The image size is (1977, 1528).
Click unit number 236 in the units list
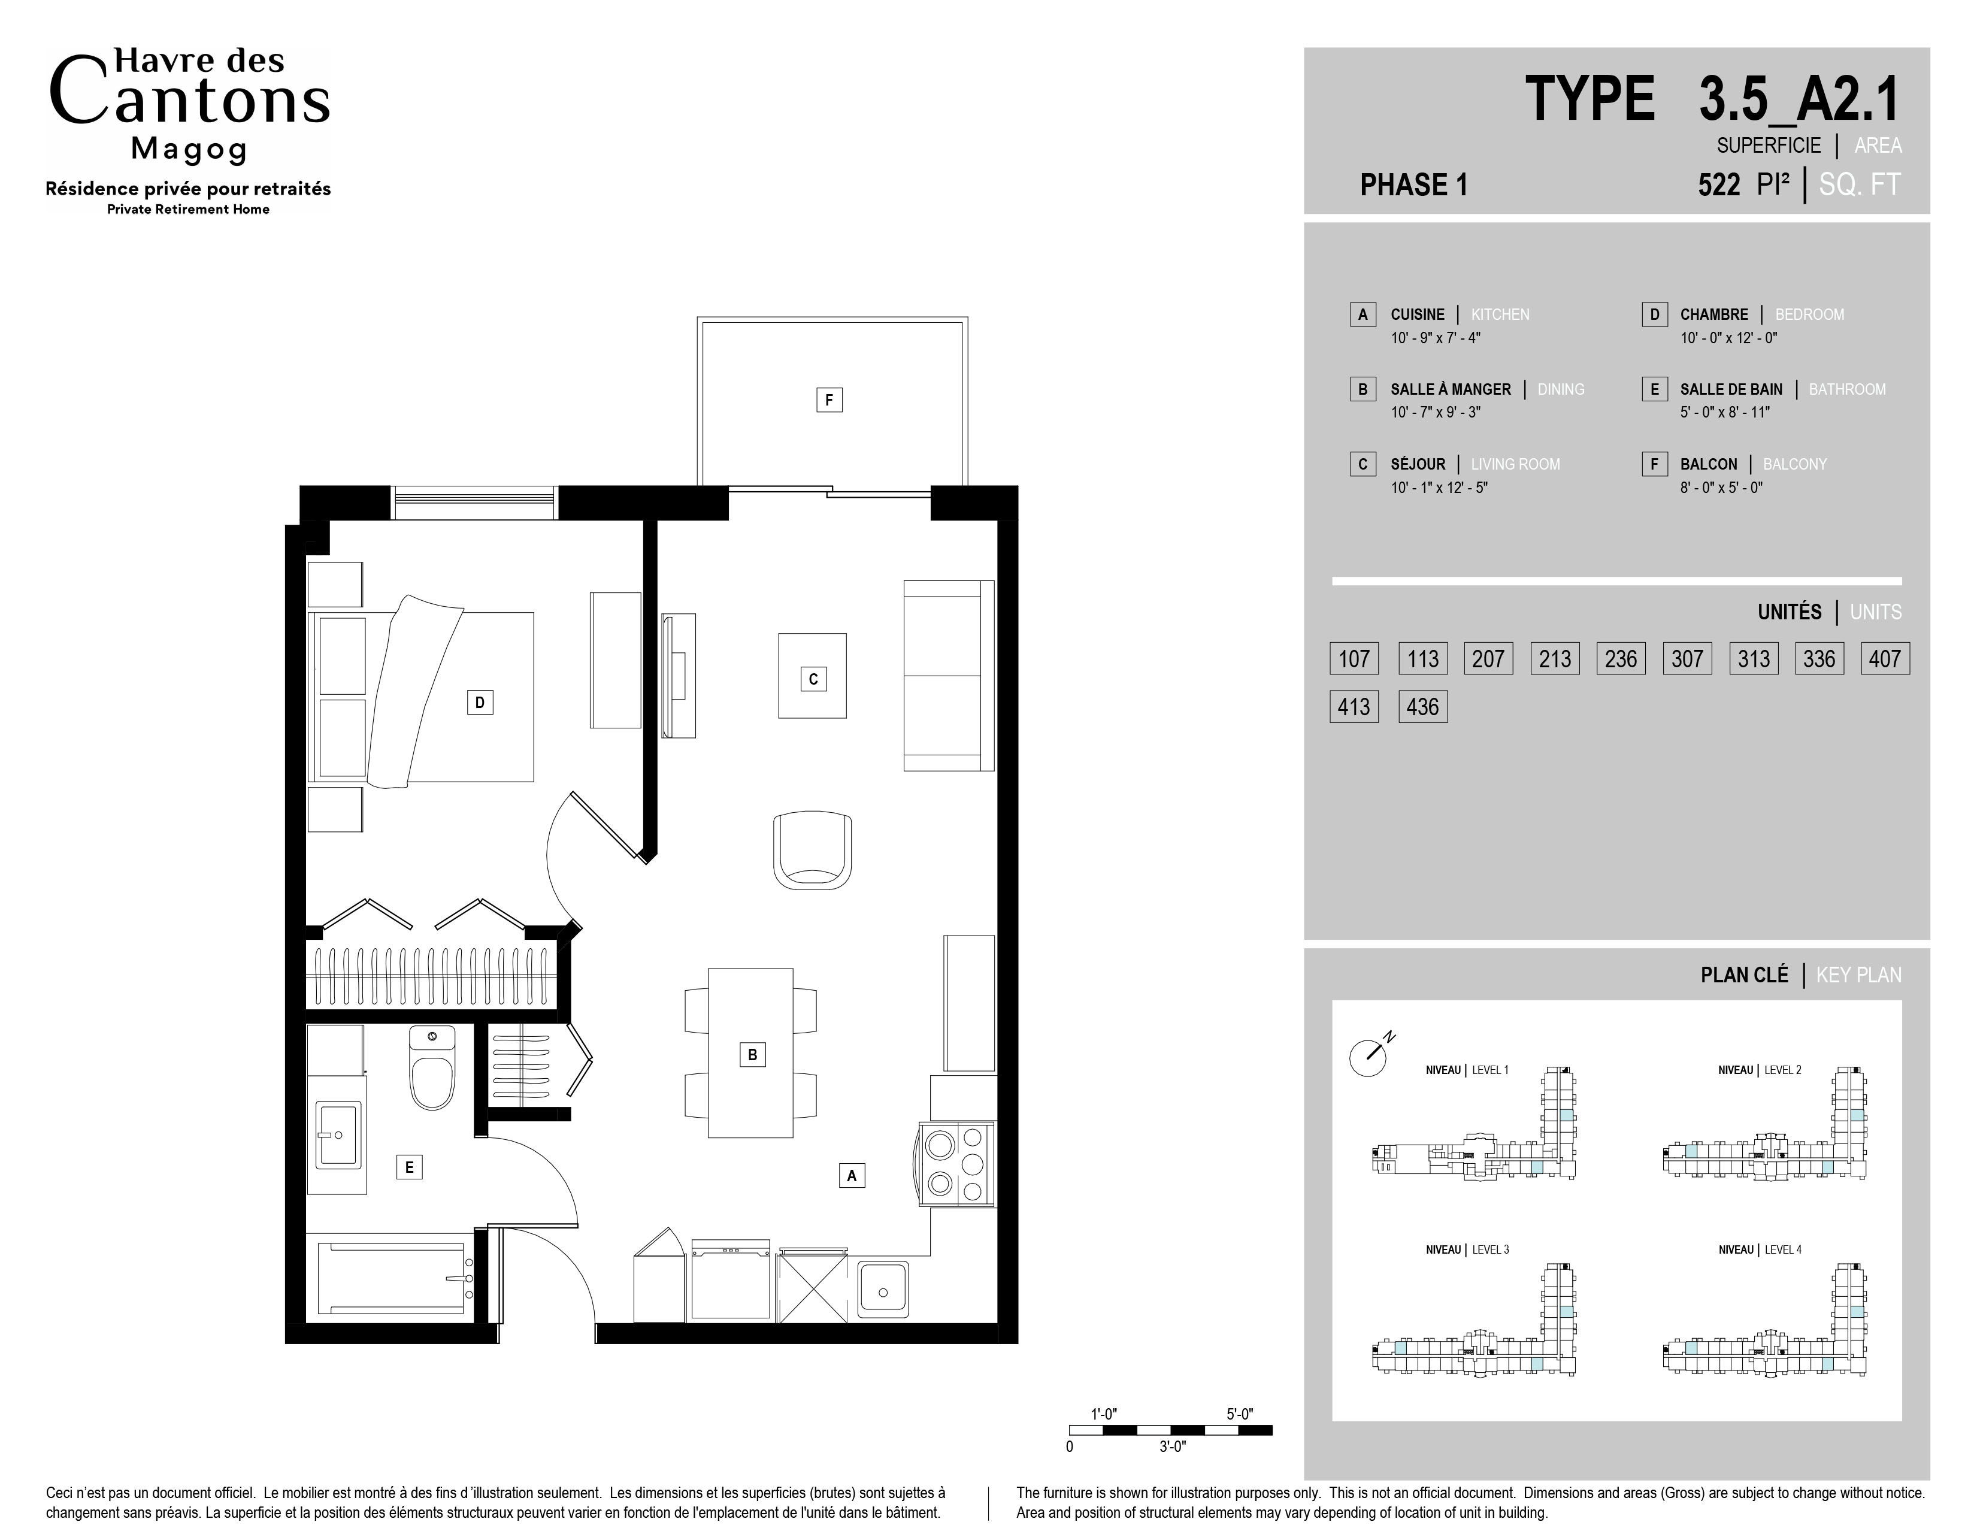tap(1620, 658)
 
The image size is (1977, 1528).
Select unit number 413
tap(1354, 707)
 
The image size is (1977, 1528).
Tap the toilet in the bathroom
tap(432, 1068)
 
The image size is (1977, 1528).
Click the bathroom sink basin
tap(338, 1134)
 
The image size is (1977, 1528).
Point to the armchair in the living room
tap(812, 849)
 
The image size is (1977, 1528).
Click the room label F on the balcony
tap(829, 399)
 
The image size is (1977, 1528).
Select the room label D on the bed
tap(480, 701)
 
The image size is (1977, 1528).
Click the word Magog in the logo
tap(189, 149)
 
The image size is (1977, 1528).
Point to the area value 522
tap(1719, 184)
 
